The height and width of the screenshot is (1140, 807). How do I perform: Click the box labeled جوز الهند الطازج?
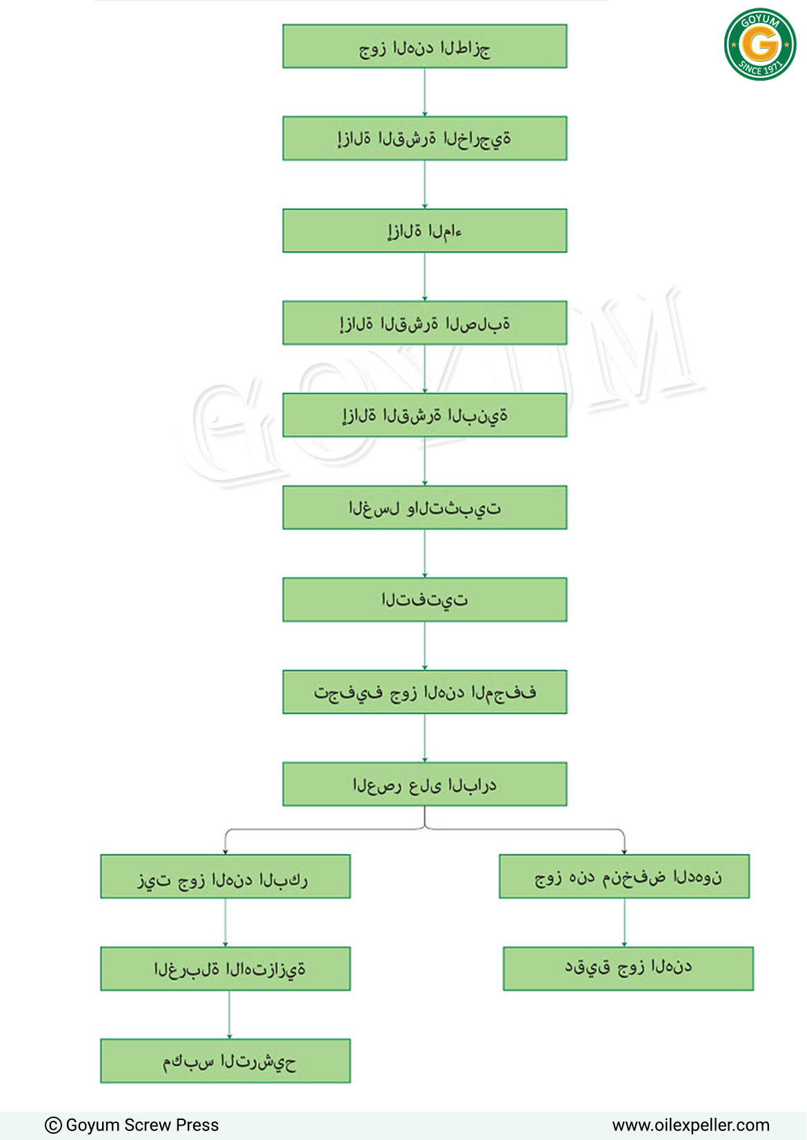click(x=425, y=46)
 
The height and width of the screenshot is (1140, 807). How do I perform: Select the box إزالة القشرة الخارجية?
click(x=425, y=139)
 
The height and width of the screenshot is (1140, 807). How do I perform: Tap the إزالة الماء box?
click(x=425, y=230)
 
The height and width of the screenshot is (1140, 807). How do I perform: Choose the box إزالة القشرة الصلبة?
click(x=425, y=323)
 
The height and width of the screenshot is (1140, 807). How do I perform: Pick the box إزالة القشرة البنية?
click(x=425, y=415)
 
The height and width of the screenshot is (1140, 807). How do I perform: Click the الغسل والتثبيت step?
click(x=425, y=507)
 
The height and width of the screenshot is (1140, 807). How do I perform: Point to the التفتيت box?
click(x=425, y=600)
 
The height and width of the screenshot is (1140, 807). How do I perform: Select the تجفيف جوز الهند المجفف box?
click(x=425, y=691)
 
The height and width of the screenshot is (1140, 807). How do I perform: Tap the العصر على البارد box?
click(x=425, y=784)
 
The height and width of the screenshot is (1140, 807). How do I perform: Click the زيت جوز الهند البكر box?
click(x=225, y=877)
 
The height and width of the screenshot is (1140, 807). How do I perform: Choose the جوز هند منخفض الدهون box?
click(x=624, y=877)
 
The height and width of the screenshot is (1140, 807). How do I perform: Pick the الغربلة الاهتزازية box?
click(x=225, y=968)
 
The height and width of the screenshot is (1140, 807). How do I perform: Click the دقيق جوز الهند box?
click(x=628, y=968)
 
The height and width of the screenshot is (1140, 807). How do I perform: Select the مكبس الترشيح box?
click(x=225, y=1061)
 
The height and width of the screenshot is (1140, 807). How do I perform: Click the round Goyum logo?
click(x=760, y=44)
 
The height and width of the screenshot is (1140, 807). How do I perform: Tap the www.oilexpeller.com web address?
click(x=690, y=1126)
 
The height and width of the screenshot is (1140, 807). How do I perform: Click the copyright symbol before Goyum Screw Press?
click(x=53, y=1126)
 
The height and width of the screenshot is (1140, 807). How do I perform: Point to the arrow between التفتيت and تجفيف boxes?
click(x=425, y=646)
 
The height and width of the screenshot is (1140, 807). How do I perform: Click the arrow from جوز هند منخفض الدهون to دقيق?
click(x=624, y=922)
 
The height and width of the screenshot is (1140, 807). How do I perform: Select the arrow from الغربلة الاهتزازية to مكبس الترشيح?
click(x=229, y=1015)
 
